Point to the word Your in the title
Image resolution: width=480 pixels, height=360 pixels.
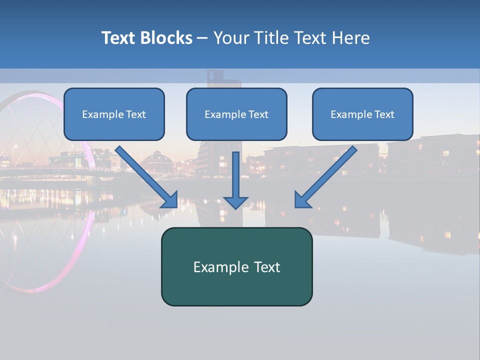[231, 38]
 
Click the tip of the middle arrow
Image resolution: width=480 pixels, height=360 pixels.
[235, 207]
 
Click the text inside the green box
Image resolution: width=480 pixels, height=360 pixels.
[236, 267]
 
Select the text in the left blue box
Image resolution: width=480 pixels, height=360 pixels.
[114, 114]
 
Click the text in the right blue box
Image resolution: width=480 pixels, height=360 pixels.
[362, 114]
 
